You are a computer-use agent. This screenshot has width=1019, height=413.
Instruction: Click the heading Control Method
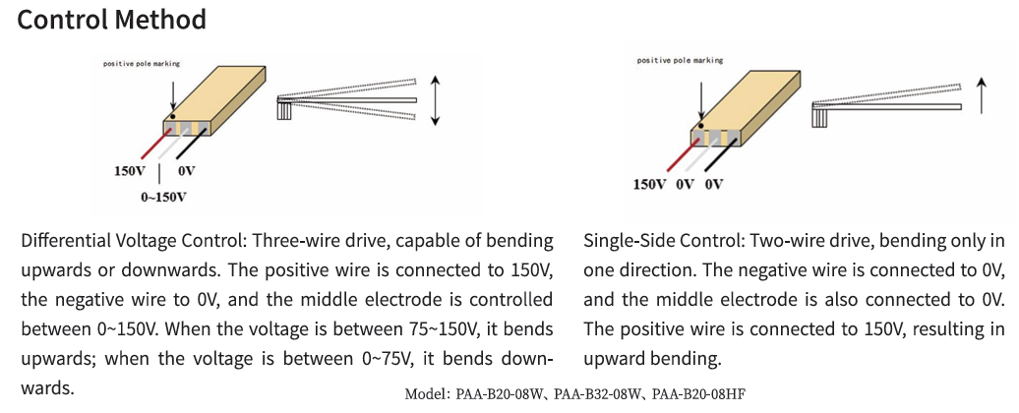[x=112, y=20]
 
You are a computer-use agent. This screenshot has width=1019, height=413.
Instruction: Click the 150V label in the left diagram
[x=130, y=171]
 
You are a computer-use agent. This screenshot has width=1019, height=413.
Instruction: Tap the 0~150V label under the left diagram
[x=163, y=198]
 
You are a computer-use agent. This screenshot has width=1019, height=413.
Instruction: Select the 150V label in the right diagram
[x=649, y=184]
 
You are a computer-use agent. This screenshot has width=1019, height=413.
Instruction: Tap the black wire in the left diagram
[x=191, y=147]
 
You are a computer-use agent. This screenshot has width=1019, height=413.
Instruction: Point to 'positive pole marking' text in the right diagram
[x=679, y=61]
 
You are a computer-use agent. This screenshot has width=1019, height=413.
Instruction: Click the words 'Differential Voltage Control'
[x=135, y=241]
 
